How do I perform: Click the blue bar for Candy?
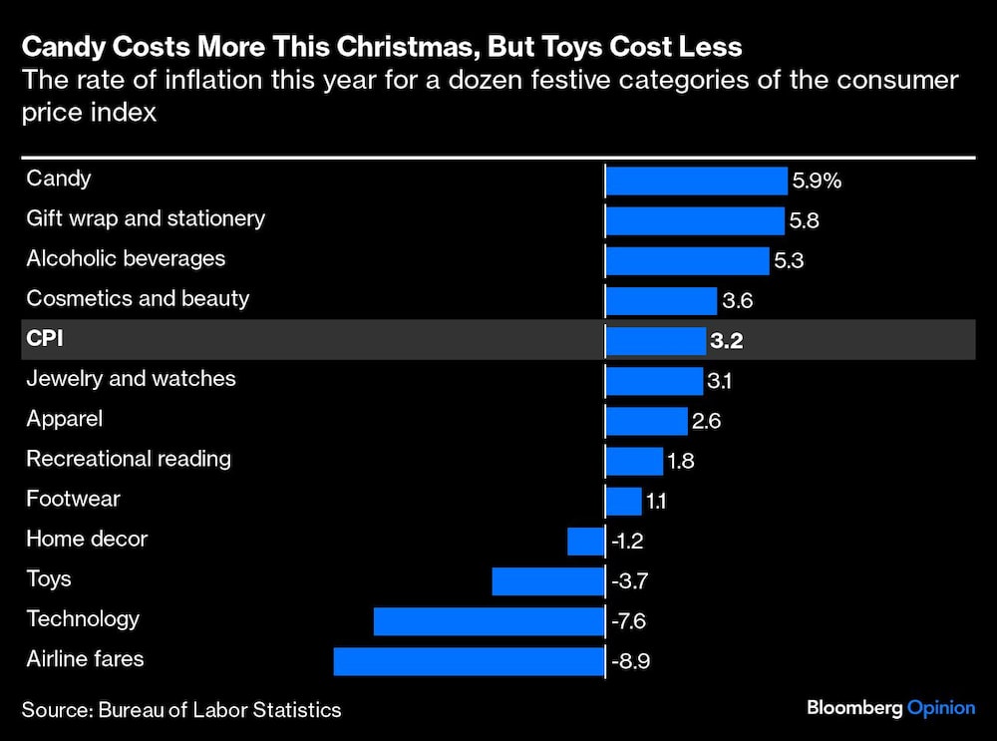[x=696, y=181]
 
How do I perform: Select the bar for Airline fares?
[x=470, y=661]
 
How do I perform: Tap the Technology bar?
[x=490, y=621]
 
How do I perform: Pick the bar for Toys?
[x=548, y=581]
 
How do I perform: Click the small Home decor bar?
[x=586, y=542]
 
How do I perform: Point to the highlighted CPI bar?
[x=656, y=341]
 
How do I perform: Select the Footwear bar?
[x=624, y=501]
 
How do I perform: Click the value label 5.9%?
[x=818, y=182]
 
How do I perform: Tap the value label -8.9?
[x=632, y=661]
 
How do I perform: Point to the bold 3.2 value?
[x=727, y=342]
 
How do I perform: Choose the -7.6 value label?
[x=629, y=621]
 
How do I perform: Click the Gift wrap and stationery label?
[x=146, y=218]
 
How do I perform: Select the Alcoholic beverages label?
[x=126, y=258]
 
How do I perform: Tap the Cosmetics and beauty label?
[x=138, y=298]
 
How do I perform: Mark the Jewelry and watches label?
[x=131, y=379]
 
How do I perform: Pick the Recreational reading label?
[x=129, y=459]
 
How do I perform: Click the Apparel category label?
[x=64, y=419]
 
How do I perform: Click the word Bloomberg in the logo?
[x=853, y=707]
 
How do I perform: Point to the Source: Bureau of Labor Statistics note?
[x=181, y=710]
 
